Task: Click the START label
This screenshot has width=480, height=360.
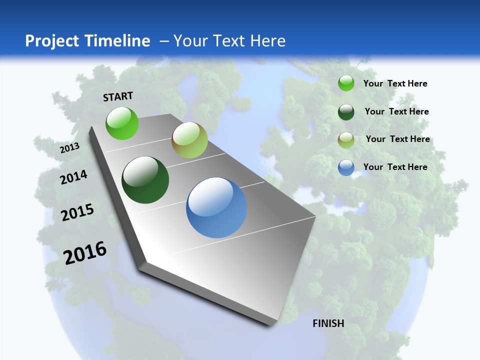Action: pos(118,96)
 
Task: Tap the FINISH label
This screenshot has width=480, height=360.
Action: pos(328,323)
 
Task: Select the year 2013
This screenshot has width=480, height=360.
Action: pos(69,147)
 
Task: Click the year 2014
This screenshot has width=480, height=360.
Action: pos(73,177)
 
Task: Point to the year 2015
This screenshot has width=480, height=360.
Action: pos(77,212)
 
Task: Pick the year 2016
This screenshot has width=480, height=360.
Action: pos(85,252)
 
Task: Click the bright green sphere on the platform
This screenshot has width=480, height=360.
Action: pos(122,123)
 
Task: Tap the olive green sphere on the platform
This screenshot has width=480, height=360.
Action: pos(189,140)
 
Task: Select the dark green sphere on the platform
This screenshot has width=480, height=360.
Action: pos(145,180)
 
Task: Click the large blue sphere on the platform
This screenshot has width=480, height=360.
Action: pos(216,207)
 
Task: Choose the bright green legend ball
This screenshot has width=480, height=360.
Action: pos(346,83)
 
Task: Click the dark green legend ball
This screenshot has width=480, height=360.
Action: pos(346,111)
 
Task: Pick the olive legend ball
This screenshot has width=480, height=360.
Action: pos(346,139)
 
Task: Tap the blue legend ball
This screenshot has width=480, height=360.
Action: pos(346,167)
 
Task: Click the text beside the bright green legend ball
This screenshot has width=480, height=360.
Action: pos(395,83)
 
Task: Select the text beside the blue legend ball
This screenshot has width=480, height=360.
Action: pos(395,167)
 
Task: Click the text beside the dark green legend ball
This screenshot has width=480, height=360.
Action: pos(396,111)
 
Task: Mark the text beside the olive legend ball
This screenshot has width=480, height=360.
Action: pos(397,139)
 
